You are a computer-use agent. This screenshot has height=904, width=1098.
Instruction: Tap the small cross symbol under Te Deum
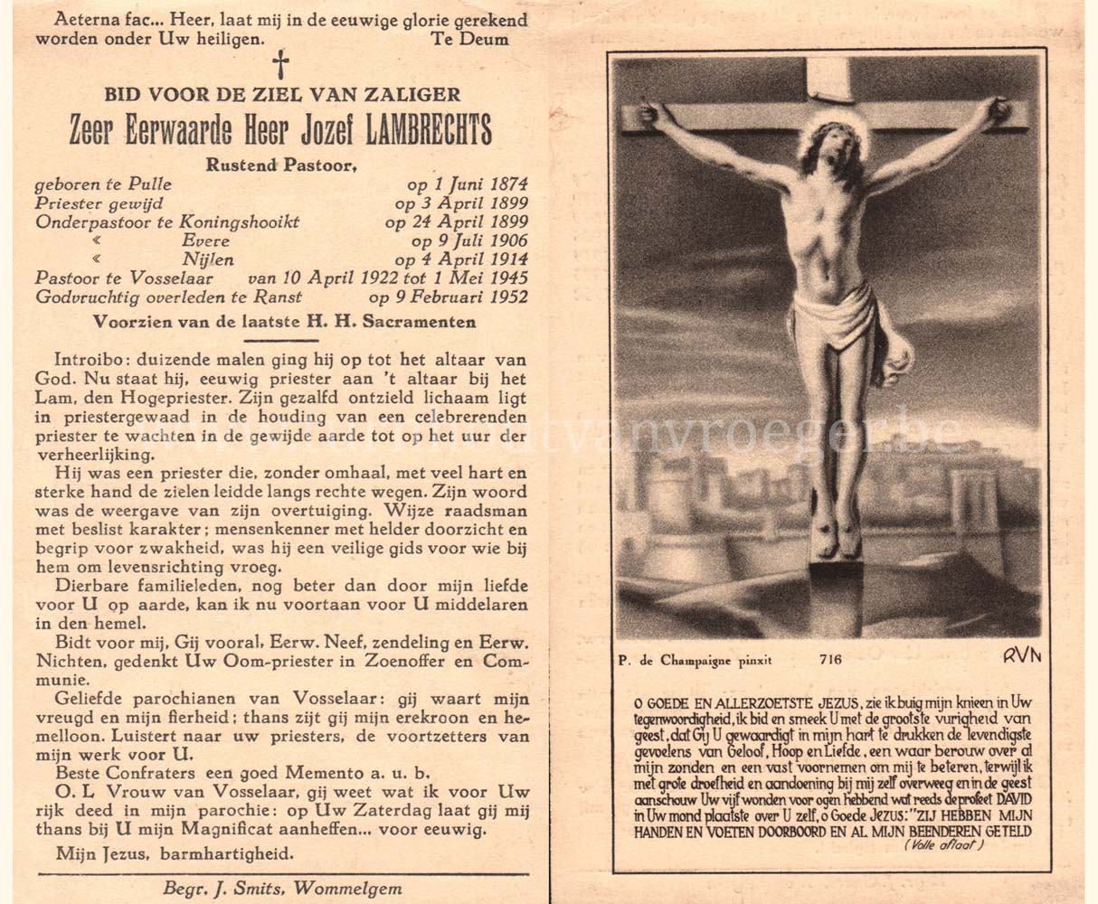(281, 64)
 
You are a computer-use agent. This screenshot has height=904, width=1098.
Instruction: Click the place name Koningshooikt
(241, 222)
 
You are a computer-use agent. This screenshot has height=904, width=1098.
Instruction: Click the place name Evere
(205, 241)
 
